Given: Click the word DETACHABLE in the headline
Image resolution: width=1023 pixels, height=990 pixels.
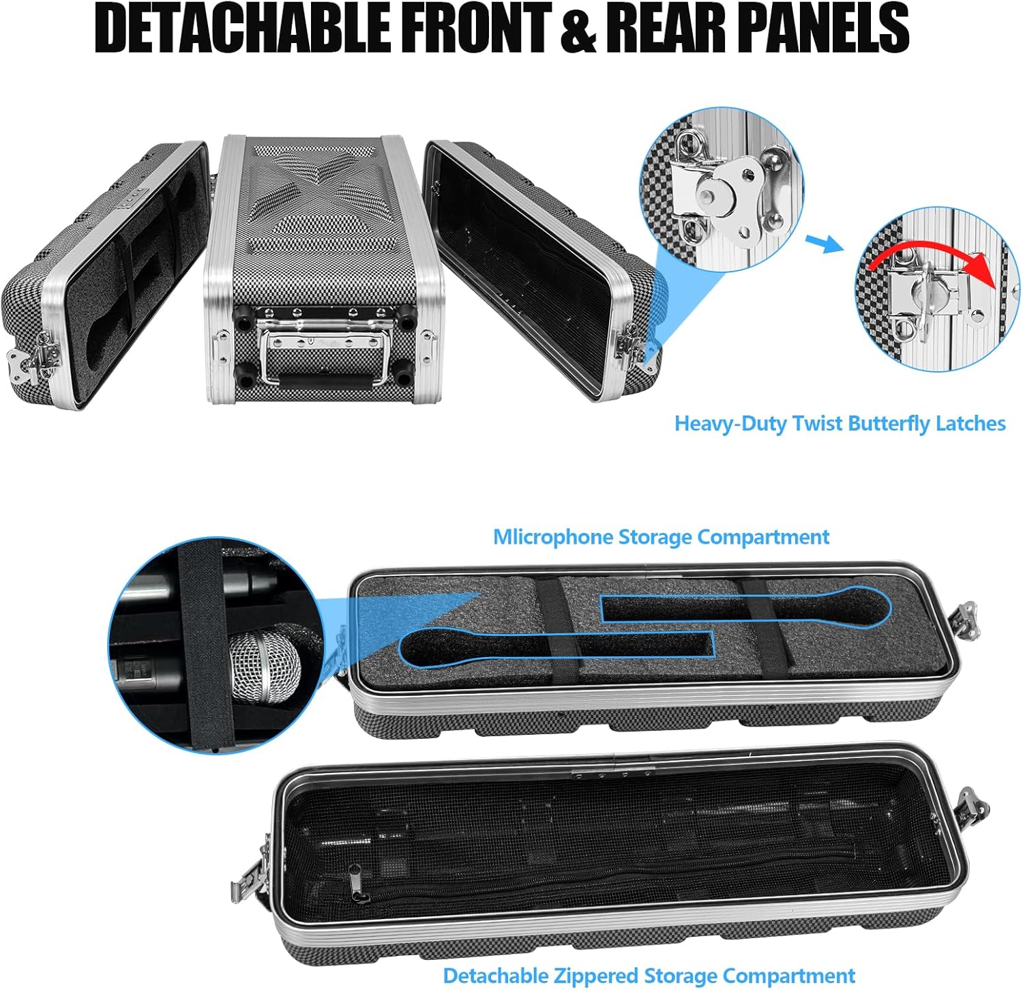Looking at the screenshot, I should [x=242, y=28].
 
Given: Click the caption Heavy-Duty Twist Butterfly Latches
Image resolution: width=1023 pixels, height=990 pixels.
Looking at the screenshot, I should [x=840, y=424].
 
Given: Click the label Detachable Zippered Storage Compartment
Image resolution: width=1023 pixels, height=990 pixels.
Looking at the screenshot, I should [x=649, y=976].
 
